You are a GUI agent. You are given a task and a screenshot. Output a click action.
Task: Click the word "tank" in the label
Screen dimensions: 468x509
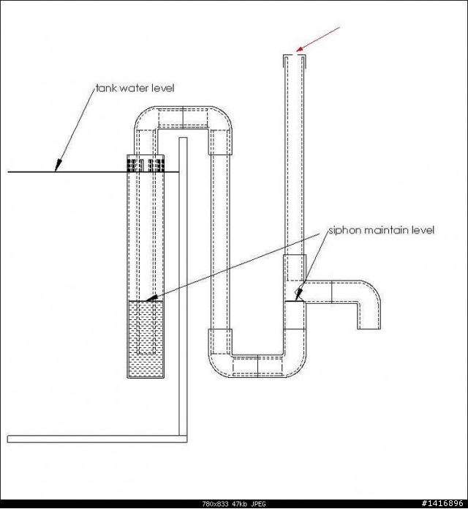[107, 88]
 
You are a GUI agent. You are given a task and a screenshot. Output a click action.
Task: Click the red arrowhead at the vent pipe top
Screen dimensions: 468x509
[300, 49]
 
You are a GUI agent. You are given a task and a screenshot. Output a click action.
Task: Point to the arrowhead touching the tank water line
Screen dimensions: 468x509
[58, 166]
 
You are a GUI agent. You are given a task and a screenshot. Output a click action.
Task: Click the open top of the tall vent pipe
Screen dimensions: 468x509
[295, 56]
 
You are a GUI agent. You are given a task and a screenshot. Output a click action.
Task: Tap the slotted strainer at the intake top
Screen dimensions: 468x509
[146, 164]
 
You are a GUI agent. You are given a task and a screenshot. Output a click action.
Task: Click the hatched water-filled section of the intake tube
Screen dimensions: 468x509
[146, 339]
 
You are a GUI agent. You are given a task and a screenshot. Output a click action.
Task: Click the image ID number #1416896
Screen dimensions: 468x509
[442, 503]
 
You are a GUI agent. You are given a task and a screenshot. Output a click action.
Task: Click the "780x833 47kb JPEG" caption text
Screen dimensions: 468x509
[234, 504]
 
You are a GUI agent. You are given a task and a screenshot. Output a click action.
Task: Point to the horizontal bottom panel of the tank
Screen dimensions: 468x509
[97, 439]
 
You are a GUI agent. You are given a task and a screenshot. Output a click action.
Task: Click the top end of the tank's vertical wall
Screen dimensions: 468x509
[183, 138]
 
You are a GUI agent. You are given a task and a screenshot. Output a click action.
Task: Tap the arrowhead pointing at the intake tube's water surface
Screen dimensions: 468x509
[152, 297]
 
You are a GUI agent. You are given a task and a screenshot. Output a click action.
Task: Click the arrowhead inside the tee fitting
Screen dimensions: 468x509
[299, 293]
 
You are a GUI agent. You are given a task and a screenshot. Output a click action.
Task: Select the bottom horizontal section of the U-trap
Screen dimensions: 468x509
[257, 366]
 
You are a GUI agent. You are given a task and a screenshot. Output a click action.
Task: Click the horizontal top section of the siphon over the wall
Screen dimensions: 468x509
[183, 117]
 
